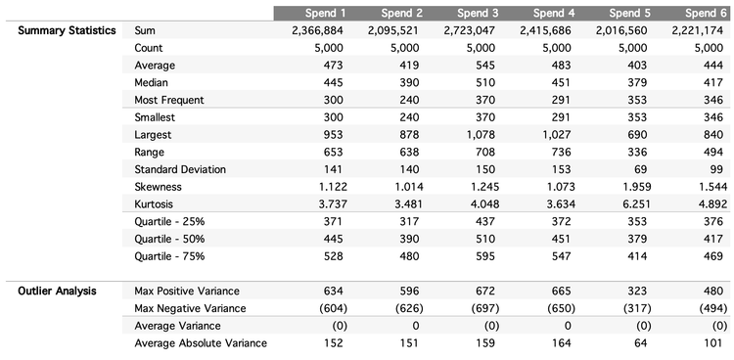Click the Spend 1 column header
(313, 13)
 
